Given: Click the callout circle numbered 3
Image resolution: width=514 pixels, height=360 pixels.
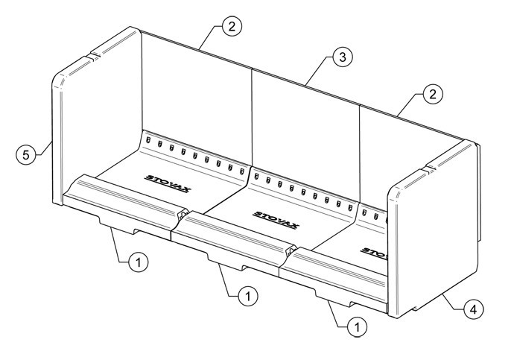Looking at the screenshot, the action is (x=343, y=57).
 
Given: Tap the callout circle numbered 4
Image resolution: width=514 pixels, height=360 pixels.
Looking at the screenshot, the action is (x=473, y=309).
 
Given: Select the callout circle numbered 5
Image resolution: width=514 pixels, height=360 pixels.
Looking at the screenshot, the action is (x=26, y=154).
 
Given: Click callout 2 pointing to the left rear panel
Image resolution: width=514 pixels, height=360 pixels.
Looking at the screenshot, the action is (x=232, y=26).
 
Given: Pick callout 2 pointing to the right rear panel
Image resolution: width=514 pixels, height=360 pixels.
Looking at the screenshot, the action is (x=433, y=95).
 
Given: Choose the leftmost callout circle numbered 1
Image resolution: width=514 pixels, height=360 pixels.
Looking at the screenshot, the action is (x=139, y=262).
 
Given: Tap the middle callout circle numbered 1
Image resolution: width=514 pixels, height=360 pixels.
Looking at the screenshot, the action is (x=248, y=296).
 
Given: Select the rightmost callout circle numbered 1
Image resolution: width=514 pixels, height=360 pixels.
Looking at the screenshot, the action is (x=358, y=326).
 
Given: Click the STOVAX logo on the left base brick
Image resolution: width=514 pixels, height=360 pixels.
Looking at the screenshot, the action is (x=168, y=183).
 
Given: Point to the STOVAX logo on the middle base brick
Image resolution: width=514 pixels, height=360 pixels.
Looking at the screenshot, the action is (x=276, y=220).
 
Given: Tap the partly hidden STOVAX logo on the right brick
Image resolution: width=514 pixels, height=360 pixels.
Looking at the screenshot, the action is (x=374, y=253).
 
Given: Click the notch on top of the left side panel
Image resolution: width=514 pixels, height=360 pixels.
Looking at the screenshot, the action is (x=93, y=56).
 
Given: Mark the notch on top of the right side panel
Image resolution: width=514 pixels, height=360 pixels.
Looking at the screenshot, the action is (x=429, y=170).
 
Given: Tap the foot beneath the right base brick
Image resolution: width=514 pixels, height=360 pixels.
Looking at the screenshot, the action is (x=334, y=297).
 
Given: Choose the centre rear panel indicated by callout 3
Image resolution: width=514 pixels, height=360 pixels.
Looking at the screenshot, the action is (x=305, y=138).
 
